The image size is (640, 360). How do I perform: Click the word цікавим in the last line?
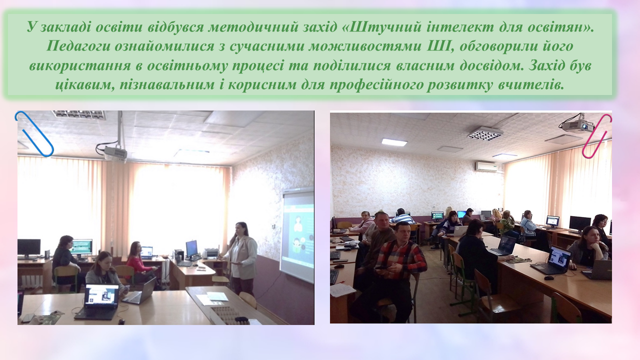[85, 85]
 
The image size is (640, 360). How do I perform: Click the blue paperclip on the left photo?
[34, 133]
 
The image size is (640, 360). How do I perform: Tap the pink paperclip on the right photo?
[597, 136]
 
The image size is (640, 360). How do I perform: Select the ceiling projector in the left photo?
[115, 153]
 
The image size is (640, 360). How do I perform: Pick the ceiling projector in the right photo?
[577, 124]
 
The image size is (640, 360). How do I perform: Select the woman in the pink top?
[139, 262]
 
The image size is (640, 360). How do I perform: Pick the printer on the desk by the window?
[210, 253]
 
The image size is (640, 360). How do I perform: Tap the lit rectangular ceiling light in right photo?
[394, 142]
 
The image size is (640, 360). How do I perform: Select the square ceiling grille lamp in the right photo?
[485, 133]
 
